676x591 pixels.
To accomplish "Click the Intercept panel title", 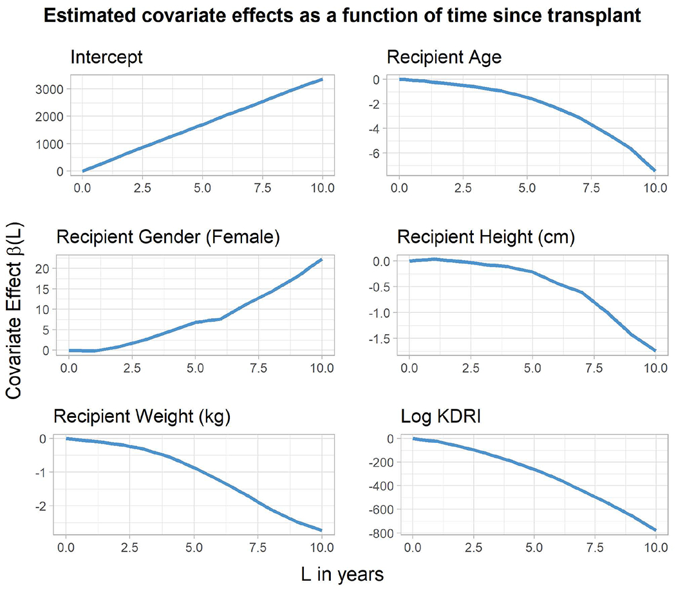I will pos(106,57).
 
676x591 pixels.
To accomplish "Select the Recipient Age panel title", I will pos(444,57).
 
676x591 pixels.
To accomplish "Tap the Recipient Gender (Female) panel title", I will pos(169,238).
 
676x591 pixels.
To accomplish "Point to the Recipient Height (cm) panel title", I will pos(486,238).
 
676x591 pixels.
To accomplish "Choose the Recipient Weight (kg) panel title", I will pos(142,417).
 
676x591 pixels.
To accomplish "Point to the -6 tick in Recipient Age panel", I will pos(373,153).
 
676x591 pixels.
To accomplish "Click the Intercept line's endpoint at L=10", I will pos(322,79).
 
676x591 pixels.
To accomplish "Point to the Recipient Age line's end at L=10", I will pos(655,171).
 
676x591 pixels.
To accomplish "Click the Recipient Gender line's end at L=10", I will pos(322,259).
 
